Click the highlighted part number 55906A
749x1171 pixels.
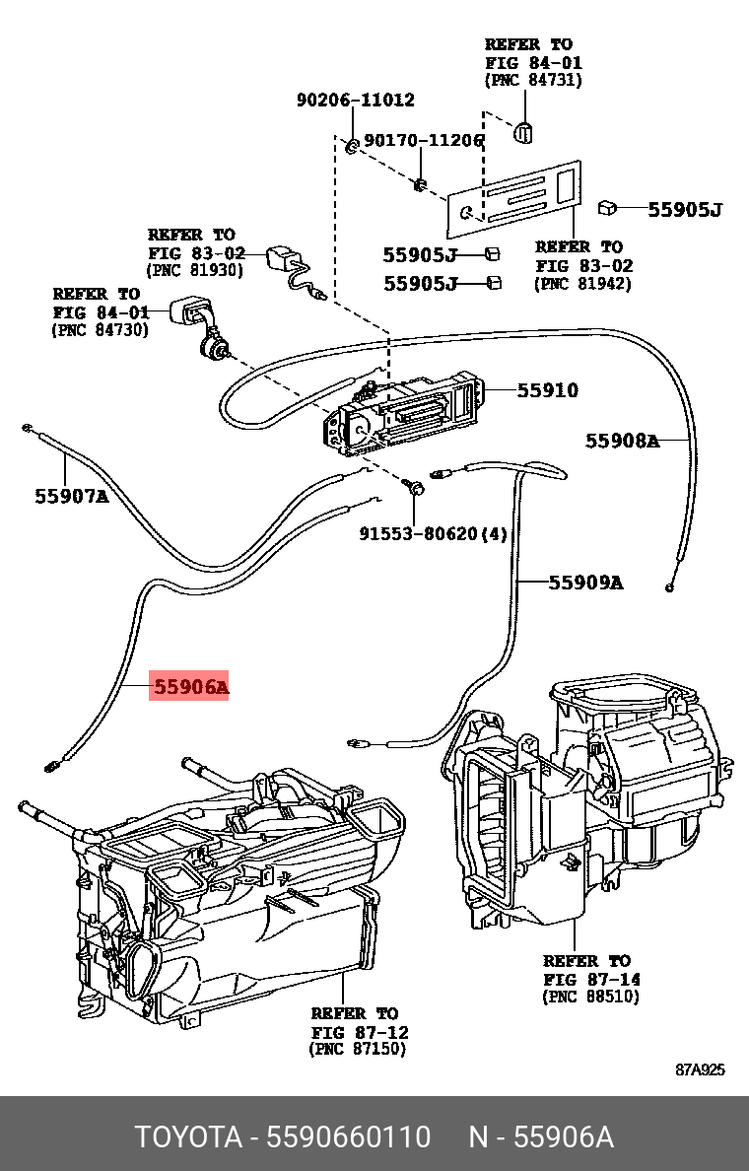point(189,687)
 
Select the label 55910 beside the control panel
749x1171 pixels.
point(547,390)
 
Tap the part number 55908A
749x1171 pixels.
point(622,441)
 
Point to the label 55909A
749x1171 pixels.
point(585,583)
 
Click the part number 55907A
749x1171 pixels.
point(72,497)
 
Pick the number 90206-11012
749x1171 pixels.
point(356,101)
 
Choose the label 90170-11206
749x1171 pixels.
point(424,141)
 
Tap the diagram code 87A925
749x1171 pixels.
point(700,1069)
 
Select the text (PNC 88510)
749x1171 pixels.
point(590,997)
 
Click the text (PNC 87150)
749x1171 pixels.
point(358,1050)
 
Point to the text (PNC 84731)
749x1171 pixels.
point(533,81)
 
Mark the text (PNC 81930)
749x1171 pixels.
point(194,269)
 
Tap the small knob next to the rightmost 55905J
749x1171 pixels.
point(608,207)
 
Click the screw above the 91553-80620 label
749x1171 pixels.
point(415,486)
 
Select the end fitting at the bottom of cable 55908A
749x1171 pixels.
point(670,587)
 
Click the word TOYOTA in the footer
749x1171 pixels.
point(187,1137)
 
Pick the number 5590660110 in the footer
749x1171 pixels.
point(352,1137)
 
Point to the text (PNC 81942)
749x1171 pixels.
point(582,284)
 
